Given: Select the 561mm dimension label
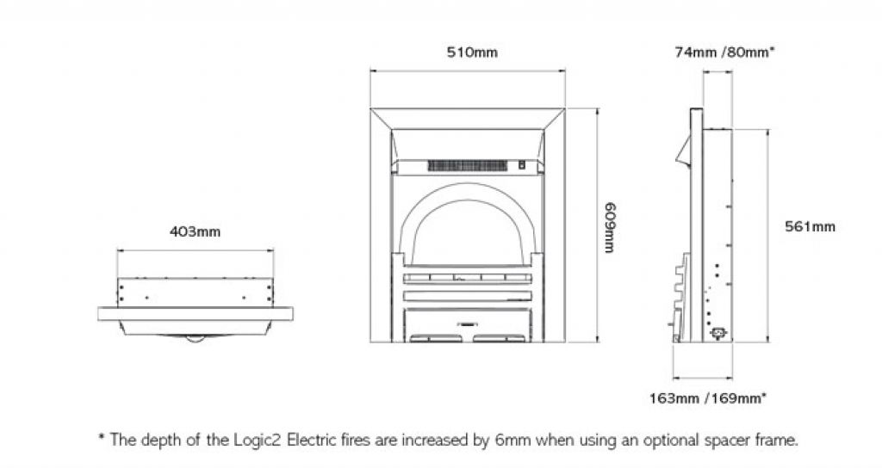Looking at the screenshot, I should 810,227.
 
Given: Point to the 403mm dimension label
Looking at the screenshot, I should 196,231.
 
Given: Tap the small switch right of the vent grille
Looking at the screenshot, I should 521,163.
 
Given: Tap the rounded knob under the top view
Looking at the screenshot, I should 196,337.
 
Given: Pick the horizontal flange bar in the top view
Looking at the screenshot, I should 196,309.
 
